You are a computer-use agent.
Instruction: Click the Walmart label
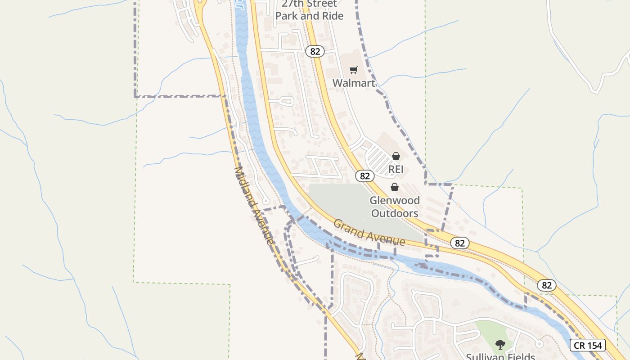pyautogui.click(x=354, y=83)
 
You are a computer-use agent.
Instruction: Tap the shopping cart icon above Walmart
pyautogui.click(x=354, y=70)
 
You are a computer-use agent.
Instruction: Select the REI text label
pyautogui.click(x=396, y=170)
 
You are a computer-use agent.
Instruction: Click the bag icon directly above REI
pyautogui.click(x=396, y=156)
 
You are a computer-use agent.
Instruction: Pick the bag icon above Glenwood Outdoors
pyautogui.click(x=395, y=187)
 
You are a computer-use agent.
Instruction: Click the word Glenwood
pyautogui.click(x=395, y=200)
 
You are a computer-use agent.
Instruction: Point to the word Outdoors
pyautogui.click(x=395, y=213)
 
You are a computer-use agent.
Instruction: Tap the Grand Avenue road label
pyautogui.click(x=369, y=233)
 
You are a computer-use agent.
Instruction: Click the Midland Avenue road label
pyautogui.click(x=254, y=205)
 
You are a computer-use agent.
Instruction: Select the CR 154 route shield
pyautogui.click(x=588, y=345)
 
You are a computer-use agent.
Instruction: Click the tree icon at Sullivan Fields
pyautogui.click(x=500, y=345)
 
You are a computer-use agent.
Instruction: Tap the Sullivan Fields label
pyautogui.click(x=500, y=357)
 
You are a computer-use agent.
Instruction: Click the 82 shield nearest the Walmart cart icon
pyautogui.click(x=315, y=51)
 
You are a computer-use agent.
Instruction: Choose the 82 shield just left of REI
pyautogui.click(x=364, y=176)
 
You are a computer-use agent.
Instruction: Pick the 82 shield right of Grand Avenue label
pyautogui.click(x=459, y=243)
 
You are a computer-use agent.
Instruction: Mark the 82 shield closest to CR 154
pyautogui.click(x=547, y=285)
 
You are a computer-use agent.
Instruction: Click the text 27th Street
pyautogui.click(x=309, y=4)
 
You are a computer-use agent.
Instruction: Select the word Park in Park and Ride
pyautogui.click(x=286, y=16)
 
